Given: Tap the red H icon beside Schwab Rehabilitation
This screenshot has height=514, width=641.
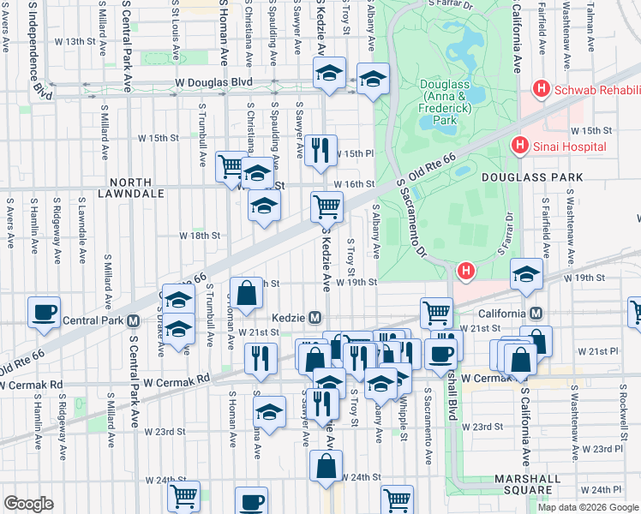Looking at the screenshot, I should pos(541,88).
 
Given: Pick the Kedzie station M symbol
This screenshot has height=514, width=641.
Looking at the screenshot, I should pos(315,318).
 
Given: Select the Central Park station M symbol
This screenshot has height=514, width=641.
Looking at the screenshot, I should pos(133,322).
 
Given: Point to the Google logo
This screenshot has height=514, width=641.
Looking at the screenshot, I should pos(29,504).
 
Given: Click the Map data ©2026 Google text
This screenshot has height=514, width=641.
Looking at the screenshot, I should pos(588,507).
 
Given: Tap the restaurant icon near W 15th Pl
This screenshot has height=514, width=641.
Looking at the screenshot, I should pos(320,150).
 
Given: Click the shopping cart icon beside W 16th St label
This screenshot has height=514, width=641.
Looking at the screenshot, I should pos(326,206).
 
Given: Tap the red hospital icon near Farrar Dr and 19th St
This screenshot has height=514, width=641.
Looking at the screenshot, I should pos(465,272).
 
